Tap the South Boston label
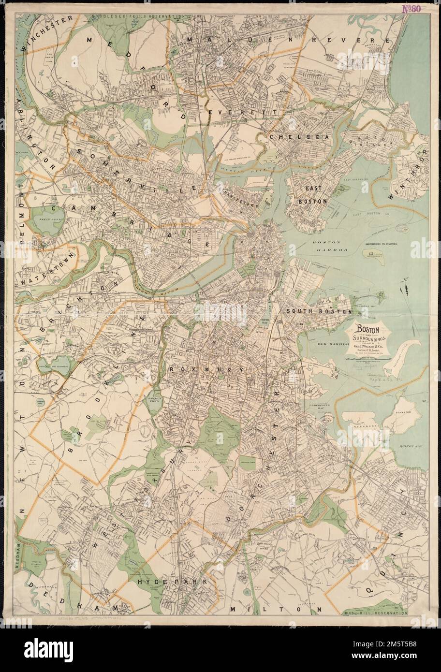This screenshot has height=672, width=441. coord(319,312)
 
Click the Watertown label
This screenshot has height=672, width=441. coord(46,269)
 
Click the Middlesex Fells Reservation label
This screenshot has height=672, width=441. coord(138,16)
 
